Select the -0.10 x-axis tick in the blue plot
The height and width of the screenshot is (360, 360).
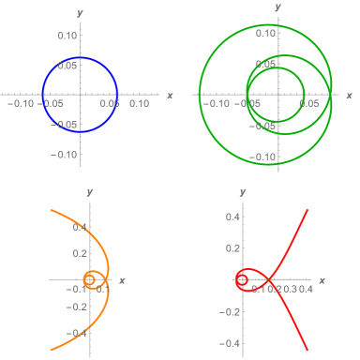click(20, 105)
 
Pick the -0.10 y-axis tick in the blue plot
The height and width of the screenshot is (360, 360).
click(66, 154)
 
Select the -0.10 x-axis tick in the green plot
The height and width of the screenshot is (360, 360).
click(217, 105)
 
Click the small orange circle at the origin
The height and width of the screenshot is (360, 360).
click(91, 279)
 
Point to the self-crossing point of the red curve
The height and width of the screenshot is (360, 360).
click(267, 279)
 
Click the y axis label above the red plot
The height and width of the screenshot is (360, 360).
click(241, 193)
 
